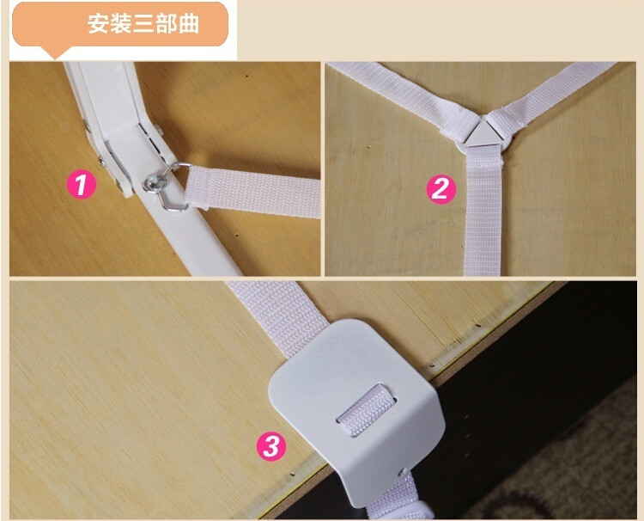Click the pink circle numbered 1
point(82,185)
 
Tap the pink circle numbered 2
point(441,189)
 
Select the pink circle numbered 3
point(271,445)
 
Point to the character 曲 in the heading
point(189,24)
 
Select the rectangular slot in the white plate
point(367,407)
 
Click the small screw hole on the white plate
point(401,473)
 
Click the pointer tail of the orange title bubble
point(56,52)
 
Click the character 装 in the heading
point(121,24)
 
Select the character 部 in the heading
point(166,24)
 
